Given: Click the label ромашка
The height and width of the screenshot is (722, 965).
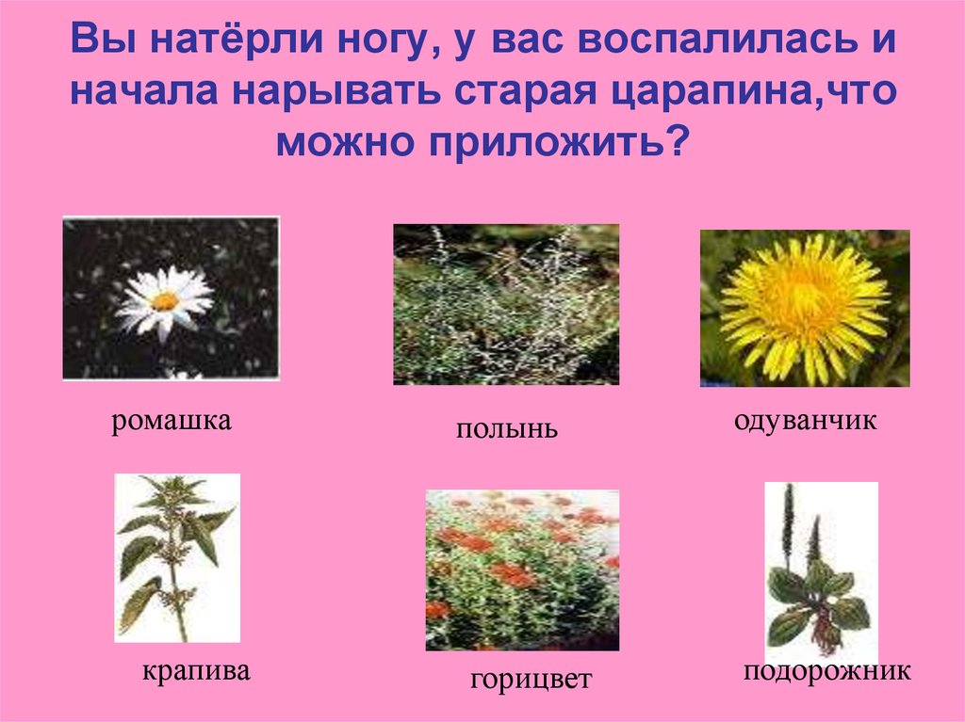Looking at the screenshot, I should click(172, 421).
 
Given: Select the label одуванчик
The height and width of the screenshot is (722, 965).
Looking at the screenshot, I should click(805, 421).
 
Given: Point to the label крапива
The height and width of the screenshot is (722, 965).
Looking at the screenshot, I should click(196, 672).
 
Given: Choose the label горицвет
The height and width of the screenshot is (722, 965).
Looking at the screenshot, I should click(531, 679).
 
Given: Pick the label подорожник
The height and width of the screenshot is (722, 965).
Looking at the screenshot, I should click(826, 671).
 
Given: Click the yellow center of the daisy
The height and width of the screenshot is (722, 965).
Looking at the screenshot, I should click(166, 300).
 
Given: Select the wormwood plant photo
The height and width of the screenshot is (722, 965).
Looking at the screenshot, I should click(506, 304).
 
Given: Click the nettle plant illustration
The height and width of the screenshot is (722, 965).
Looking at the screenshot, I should click(176, 557).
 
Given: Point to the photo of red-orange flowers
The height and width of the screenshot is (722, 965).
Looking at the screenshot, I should click(522, 570).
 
